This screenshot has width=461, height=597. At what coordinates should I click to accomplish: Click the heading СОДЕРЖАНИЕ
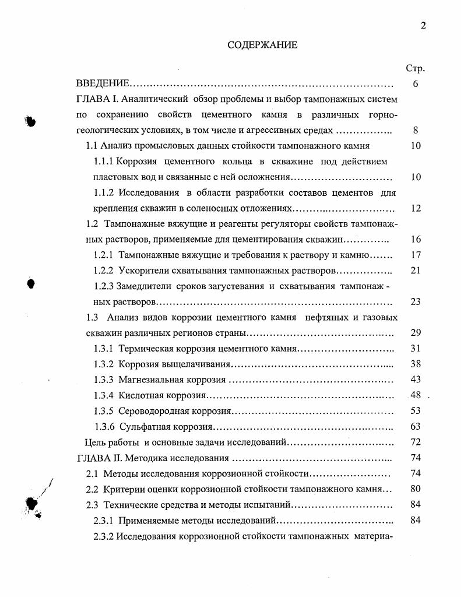pyautogui.click(x=262, y=45)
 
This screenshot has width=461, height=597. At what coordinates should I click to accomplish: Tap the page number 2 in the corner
pyautogui.click(x=423, y=24)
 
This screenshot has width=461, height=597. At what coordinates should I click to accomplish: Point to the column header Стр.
pyautogui.click(x=415, y=68)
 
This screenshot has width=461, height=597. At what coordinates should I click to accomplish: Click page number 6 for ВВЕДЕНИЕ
pyautogui.click(x=416, y=84)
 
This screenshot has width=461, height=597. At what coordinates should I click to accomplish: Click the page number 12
pyautogui.click(x=416, y=208)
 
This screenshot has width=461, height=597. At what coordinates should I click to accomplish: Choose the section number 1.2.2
pyautogui.click(x=104, y=271)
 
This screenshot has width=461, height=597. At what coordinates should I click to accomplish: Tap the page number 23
pyautogui.click(x=416, y=301)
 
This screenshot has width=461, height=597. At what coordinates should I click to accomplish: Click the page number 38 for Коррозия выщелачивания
pyautogui.click(x=416, y=364)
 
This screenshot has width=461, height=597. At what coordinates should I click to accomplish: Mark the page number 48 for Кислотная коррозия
pyautogui.click(x=415, y=395)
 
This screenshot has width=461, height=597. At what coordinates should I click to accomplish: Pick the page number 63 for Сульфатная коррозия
pyautogui.click(x=416, y=427)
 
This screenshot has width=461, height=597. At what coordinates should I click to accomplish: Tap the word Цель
pyautogui.click(x=96, y=443)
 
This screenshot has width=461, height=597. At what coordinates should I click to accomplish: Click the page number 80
pyautogui.click(x=416, y=489)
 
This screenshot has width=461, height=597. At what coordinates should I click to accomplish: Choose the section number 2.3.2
pyautogui.click(x=104, y=536)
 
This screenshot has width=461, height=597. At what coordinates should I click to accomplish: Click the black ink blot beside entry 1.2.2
pyautogui.click(x=32, y=283)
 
